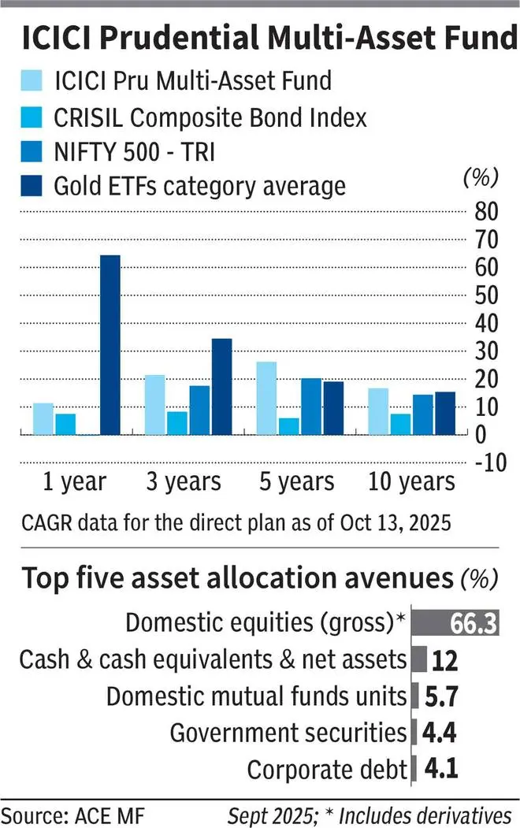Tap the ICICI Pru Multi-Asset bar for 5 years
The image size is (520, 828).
(x=266, y=398)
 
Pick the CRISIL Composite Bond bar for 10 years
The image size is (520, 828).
(x=400, y=424)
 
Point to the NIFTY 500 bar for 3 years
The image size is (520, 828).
(x=199, y=410)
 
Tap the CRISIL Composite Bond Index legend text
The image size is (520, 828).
(x=210, y=118)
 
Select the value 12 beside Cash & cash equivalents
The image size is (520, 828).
(x=445, y=660)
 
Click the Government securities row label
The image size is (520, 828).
(x=288, y=733)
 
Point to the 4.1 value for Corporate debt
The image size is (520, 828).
(x=438, y=769)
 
